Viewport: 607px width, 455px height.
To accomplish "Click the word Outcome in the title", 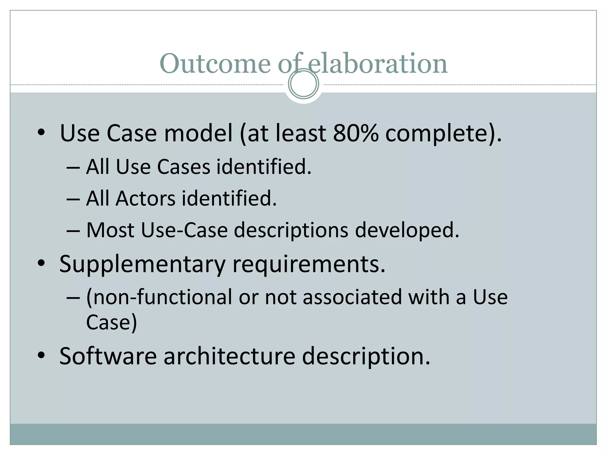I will coord(215,63).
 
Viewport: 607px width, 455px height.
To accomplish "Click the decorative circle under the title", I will coord(303,84).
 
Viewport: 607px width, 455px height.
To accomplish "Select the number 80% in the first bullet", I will coord(355,133).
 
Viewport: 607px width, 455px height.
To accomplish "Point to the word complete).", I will coord(443,133).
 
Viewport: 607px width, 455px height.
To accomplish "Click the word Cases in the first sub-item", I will coord(183,167).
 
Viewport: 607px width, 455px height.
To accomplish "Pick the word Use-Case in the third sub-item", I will coord(184,230).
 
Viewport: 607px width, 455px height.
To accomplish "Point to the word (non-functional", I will coord(159,297).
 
